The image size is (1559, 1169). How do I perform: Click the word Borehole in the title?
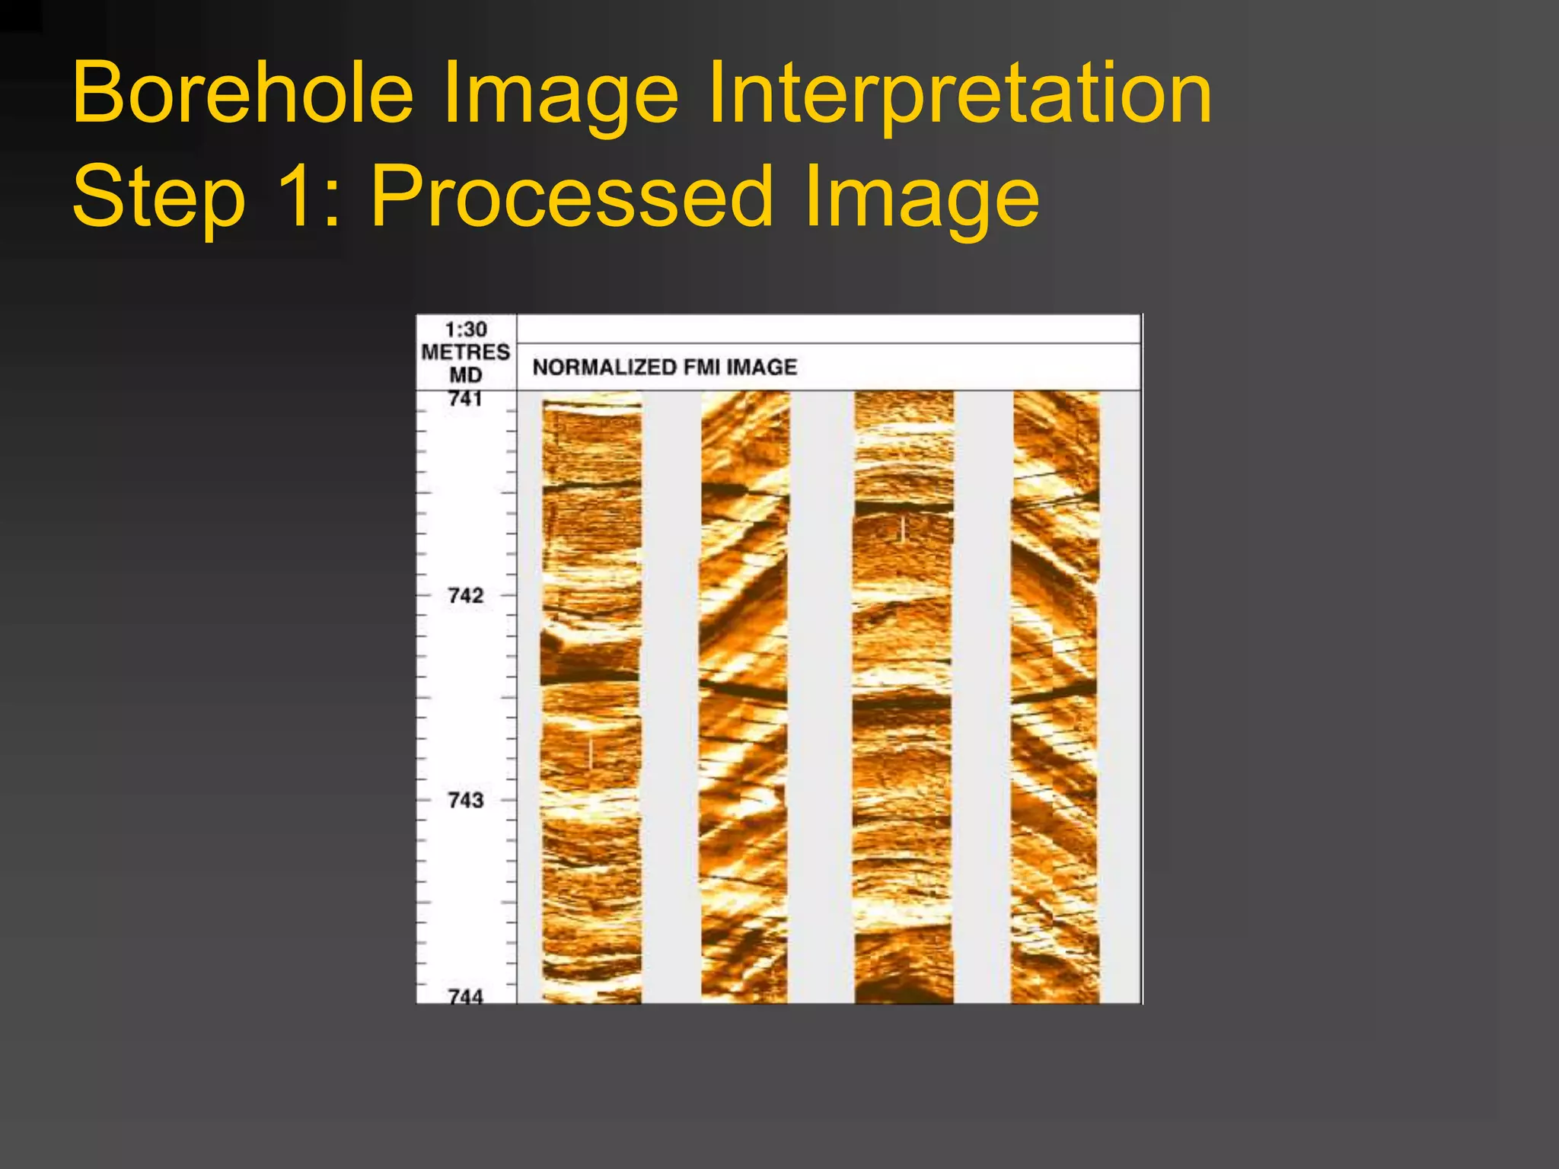pyautogui.click(x=243, y=93)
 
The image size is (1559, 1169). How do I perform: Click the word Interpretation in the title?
pyautogui.click(x=959, y=93)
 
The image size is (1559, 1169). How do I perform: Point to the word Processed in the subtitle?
pyautogui.click(x=572, y=196)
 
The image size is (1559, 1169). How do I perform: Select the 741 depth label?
pyautogui.click(x=465, y=399)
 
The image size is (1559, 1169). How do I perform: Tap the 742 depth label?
pyautogui.click(x=465, y=595)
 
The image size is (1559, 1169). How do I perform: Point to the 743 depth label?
pyautogui.click(x=465, y=800)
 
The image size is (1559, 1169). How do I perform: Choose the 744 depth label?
pyautogui.click(x=465, y=995)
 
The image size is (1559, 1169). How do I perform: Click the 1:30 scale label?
pyautogui.click(x=466, y=330)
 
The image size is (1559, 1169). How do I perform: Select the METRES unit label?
pyautogui.click(x=465, y=352)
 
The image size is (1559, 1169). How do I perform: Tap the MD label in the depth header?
pyautogui.click(x=465, y=374)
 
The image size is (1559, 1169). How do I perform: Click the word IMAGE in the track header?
pyautogui.click(x=761, y=367)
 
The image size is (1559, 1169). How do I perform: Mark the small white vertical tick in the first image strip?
pyautogui.click(x=591, y=753)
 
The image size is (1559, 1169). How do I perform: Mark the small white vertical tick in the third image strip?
pyautogui.click(x=902, y=529)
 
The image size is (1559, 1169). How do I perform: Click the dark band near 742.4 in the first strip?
pyautogui.click(x=590, y=675)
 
